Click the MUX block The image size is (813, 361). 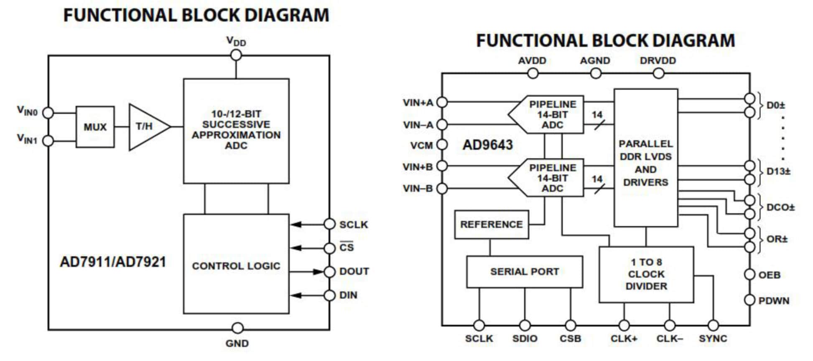coord(95,127)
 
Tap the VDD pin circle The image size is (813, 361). coord(236,55)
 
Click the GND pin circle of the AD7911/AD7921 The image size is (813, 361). coord(237,328)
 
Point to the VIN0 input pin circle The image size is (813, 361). coord(48,113)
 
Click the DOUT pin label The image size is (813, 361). coord(354,271)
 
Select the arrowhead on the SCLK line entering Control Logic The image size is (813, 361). coord(296,225)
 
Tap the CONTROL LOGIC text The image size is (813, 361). coord(236,266)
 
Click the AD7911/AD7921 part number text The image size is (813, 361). coord(113,262)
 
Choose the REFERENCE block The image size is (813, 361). coord(491,225)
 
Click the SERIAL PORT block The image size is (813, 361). coord(524,272)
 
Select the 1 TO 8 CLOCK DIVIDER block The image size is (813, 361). coord(646,274)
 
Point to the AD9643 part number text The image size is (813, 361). coord(487,145)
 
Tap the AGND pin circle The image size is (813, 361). coord(595,73)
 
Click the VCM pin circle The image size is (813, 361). coord(442,145)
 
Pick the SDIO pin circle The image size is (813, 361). coord(525,325)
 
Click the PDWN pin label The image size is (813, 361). coord(774,301)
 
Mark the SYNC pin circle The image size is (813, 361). coord(713,325)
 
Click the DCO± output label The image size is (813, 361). coord(780,207)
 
